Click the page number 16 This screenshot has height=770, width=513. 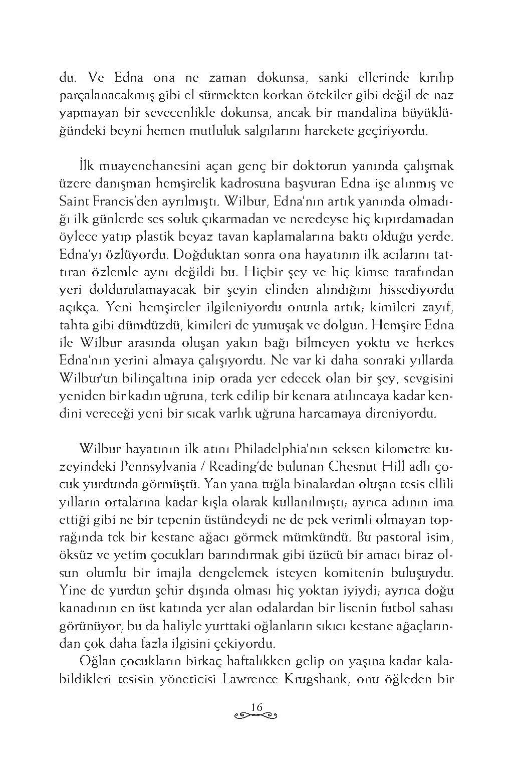click(256, 707)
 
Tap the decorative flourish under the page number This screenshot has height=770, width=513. click(256, 714)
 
